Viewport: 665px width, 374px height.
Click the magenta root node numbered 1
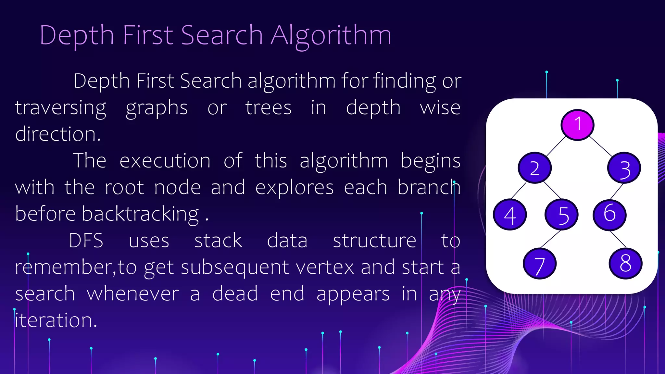pyautogui.click(x=577, y=125)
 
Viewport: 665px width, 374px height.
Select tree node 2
pyautogui.click(x=535, y=168)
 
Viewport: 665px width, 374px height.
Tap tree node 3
pyautogui.click(x=624, y=168)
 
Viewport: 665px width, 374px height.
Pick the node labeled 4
pyautogui.click(x=510, y=215)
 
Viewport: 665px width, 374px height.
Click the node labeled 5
pyautogui.click(x=561, y=215)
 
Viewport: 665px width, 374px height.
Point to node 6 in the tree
pyautogui.click(x=609, y=215)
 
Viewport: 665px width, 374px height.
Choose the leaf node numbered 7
pyautogui.click(x=540, y=263)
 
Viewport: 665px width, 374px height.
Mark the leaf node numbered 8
pyautogui.click(x=625, y=263)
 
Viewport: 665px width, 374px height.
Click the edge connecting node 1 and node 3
pyautogui.click(x=601, y=146)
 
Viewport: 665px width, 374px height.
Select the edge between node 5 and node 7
pyautogui.click(x=550, y=239)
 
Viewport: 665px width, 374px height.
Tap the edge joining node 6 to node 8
pyautogui.click(x=618, y=239)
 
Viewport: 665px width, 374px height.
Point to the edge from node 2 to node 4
pyautogui.click(x=518, y=191)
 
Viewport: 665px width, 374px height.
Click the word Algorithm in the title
pyautogui.click(x=331, y=36)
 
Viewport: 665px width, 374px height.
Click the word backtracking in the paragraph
pyautogui.click(x=140, y=214)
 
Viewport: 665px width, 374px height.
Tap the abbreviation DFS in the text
pyautogui.click(x=86, y=241)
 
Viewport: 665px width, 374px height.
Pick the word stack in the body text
pyautogui.click(x=218, y=241)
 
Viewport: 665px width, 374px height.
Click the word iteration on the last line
pyautogui.click(x=56, y=320)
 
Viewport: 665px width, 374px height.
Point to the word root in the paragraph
pyautogui.click(x=124, y=188)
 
